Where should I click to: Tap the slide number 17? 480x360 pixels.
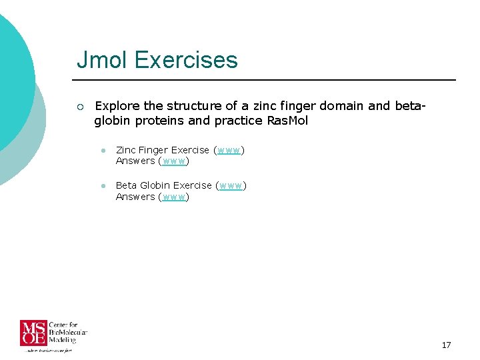(x=446, y=345)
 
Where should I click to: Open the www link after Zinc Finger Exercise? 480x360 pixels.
(x=229, y=150)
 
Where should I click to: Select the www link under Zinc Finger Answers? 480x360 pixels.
(x=174, y=161)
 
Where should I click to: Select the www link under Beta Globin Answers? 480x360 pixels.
(x=174, y=197)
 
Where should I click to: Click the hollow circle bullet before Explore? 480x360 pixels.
(x=80, y=107)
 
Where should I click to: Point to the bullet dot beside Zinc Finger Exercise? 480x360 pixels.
(x=104, y=151)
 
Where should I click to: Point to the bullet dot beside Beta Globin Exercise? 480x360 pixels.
(x=104, y=186)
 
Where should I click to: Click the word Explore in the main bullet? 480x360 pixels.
(x=117, y=107)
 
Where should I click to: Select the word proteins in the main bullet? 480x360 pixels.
(x=161, y=121)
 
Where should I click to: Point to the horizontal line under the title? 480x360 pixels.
(x=267, y=80)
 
